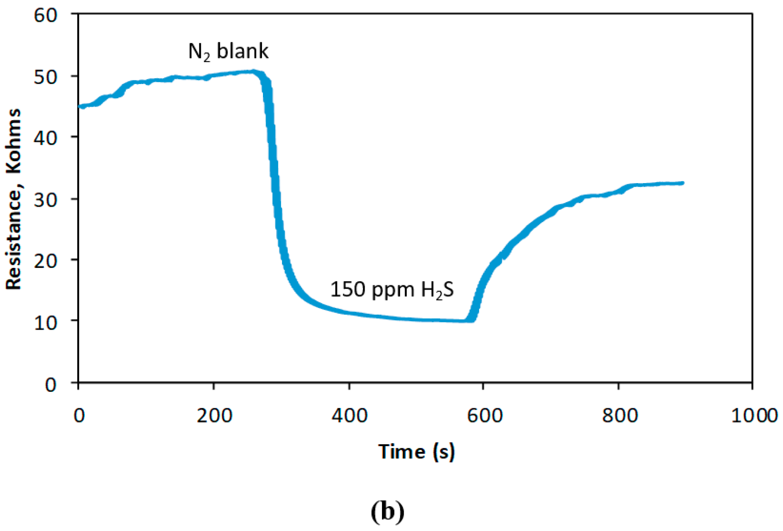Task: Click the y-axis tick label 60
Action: point(46,16)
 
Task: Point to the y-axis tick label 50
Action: point(46,77)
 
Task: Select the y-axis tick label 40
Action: point(46,138)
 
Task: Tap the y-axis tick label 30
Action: point(46,200)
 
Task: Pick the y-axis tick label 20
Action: point(46,260)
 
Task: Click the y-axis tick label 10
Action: point(46,322)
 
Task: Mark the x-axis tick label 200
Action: point(215,415)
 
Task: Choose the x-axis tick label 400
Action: point(350,415)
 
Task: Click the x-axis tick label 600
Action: point(485,415)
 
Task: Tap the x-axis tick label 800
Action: point(620,415)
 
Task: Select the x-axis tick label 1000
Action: point(754,415)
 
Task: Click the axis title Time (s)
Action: point(417,451)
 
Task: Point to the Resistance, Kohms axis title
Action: point(13,199)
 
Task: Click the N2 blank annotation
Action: point(228,52)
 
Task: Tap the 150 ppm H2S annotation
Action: point(392,290)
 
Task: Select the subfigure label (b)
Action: point(387,511)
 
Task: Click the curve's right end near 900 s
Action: point(682,183)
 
